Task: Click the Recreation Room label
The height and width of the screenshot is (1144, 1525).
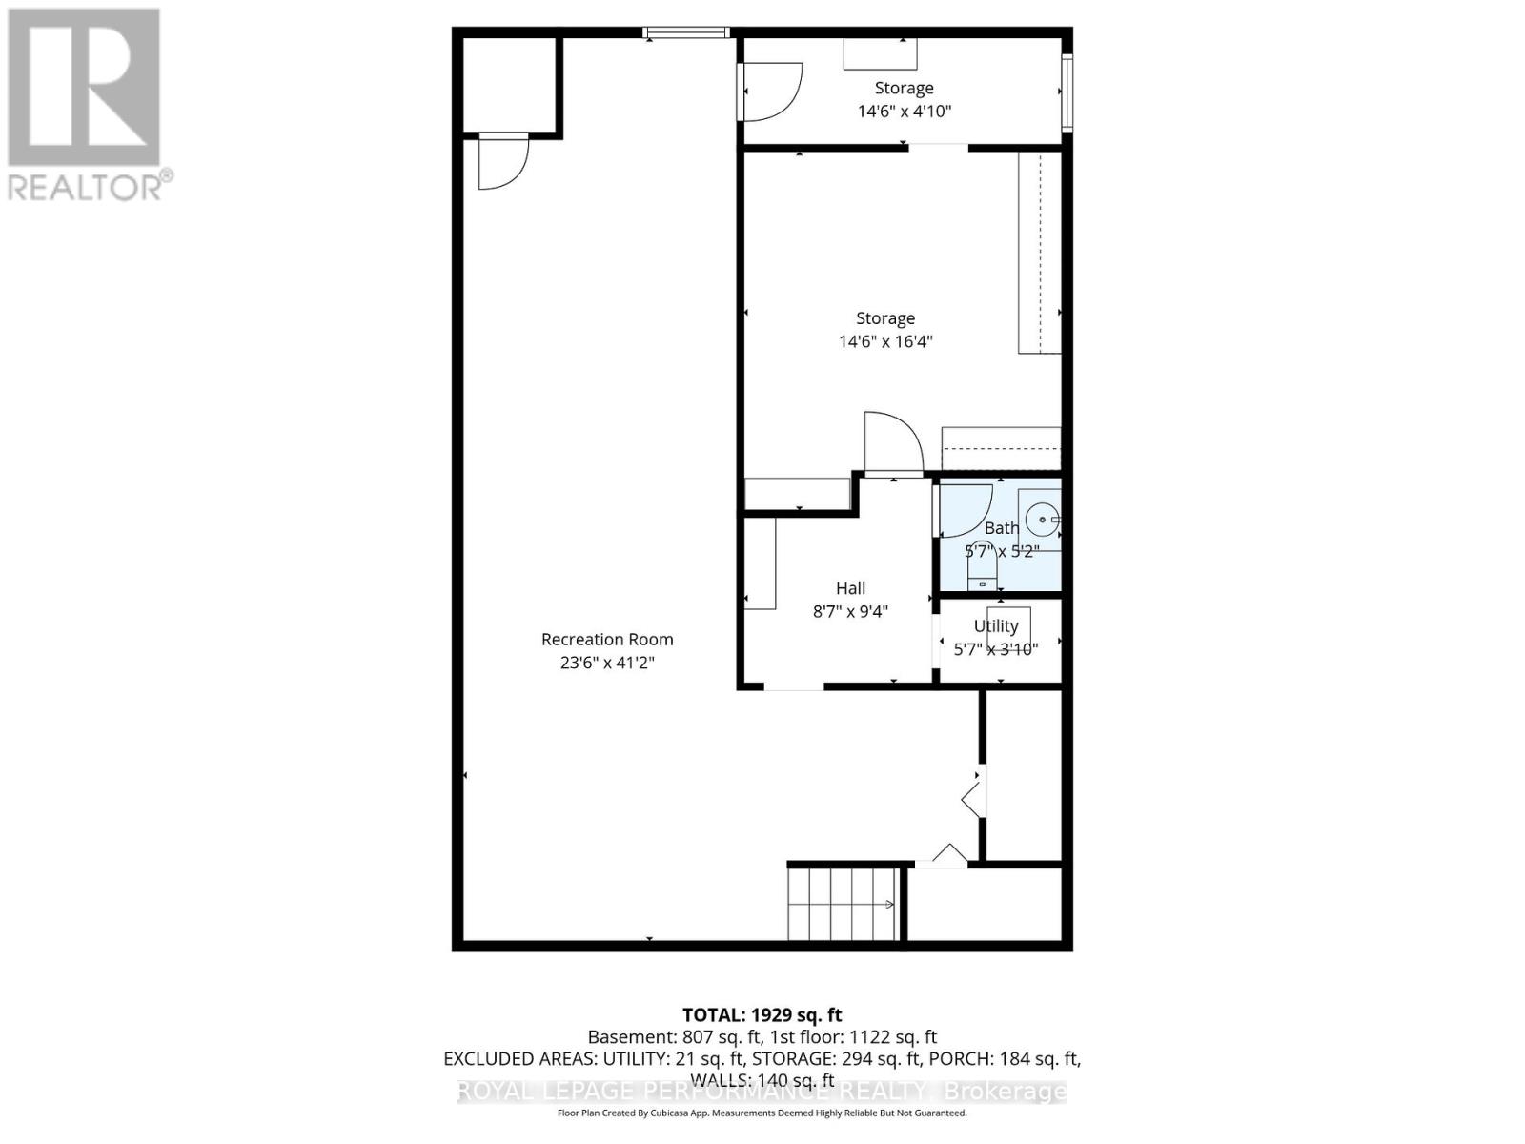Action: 607,640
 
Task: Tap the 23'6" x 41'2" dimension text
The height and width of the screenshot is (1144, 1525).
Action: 607,663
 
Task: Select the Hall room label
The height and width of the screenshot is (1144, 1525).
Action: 850,588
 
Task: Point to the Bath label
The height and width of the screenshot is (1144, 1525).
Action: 1001,527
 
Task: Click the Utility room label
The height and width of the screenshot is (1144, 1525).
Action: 996,625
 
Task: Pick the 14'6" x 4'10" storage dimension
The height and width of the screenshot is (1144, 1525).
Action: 905,111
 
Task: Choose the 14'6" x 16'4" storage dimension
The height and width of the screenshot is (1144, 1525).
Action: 885,341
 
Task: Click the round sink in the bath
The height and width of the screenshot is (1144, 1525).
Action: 1043,520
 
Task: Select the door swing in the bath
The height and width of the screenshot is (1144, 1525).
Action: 965,511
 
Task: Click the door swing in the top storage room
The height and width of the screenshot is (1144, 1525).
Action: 772,92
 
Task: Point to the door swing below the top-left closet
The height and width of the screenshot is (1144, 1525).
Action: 501,163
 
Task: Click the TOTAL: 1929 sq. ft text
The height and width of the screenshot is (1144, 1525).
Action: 762,1015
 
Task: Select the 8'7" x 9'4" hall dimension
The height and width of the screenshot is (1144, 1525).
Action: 850,611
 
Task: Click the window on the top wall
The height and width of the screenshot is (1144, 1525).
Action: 686,32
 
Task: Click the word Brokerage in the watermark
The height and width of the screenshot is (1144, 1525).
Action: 1005,1092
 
